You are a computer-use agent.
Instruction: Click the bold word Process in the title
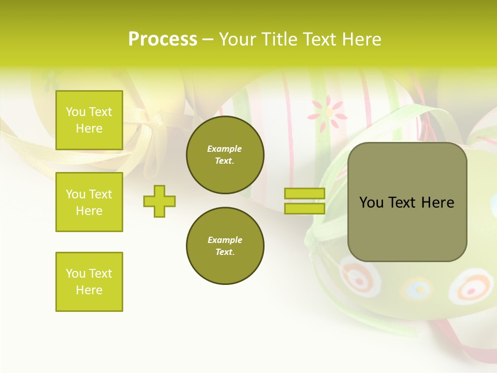click(x=163, y=39)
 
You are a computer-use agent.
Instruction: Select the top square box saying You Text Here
click(x=89, y=120)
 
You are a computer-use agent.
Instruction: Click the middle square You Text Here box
click(x=89, y=202)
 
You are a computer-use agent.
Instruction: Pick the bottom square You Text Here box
click(x=89, y=282)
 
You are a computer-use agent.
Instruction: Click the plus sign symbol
click(x=159, y=201)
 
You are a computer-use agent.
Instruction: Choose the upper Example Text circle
click(x=225, y=155)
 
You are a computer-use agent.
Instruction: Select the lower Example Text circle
click(x=225, y=246)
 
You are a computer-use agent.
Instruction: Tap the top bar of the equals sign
click(x=304, y=193)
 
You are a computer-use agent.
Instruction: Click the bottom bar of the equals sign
click(x=304, y=209)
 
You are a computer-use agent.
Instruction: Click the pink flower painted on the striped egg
click(x=327, y=113)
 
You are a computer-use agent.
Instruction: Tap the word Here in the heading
click(x=361, y=39)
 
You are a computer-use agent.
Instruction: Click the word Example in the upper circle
click(x=225, y=149)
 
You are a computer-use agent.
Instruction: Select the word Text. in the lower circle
click(x=225, y=252)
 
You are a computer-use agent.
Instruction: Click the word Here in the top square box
click(x=89, y=128)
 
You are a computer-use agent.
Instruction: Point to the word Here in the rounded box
click(x=437, y=203)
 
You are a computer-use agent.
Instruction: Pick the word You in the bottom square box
click(x=76, y=274)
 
